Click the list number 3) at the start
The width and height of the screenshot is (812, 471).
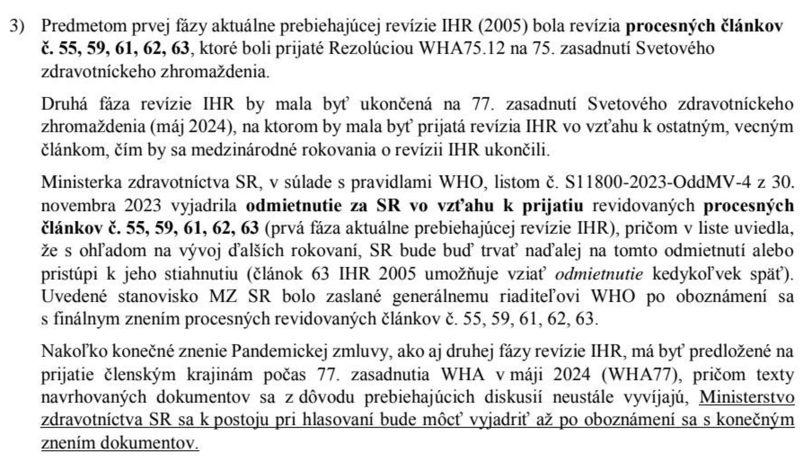pyautogui.click(x=18, y=26)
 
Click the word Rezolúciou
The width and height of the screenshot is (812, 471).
pyautogui.click(x=369, y=49)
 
